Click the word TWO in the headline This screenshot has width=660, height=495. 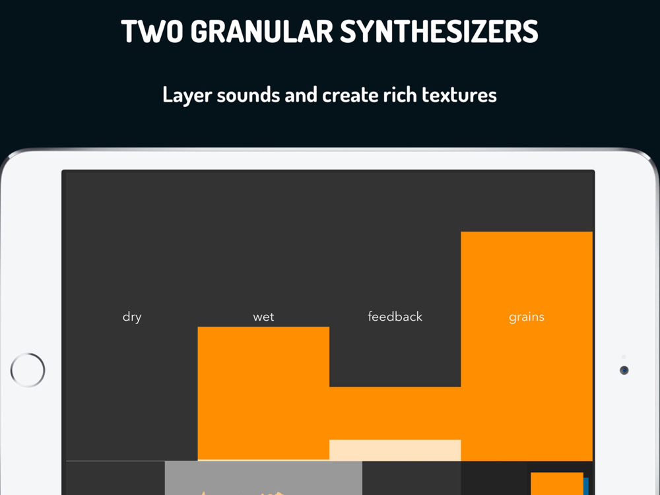152,32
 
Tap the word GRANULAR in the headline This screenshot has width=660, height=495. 261,32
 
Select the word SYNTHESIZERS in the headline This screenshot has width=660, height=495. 439,32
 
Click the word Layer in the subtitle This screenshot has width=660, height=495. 187,95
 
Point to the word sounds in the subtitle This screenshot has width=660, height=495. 248,94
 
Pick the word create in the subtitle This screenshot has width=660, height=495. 350,95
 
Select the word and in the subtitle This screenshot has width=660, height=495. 300,94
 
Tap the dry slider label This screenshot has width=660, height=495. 132,317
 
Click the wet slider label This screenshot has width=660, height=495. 263,317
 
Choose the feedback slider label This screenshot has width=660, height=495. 395,316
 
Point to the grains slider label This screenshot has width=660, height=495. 527,317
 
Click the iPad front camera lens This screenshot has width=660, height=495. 624,370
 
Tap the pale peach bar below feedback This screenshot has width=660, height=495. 395,450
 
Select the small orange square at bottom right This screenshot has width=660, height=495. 557,484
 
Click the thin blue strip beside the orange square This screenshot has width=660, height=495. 586,486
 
